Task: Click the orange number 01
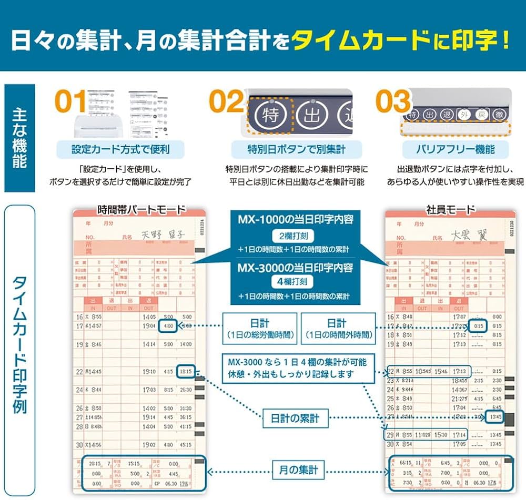[71, 102]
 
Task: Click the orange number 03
[393, 102]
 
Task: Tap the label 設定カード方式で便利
[120, 150]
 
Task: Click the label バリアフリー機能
[456, 150]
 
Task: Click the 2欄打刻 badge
[292, 236]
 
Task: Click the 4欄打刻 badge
[292, 282]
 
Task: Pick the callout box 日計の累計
[292, 419]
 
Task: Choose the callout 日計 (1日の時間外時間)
[337, 329]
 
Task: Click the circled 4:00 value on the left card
[168, 326]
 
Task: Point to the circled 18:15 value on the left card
[186, 371]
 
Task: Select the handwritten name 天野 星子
[164, 236]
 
